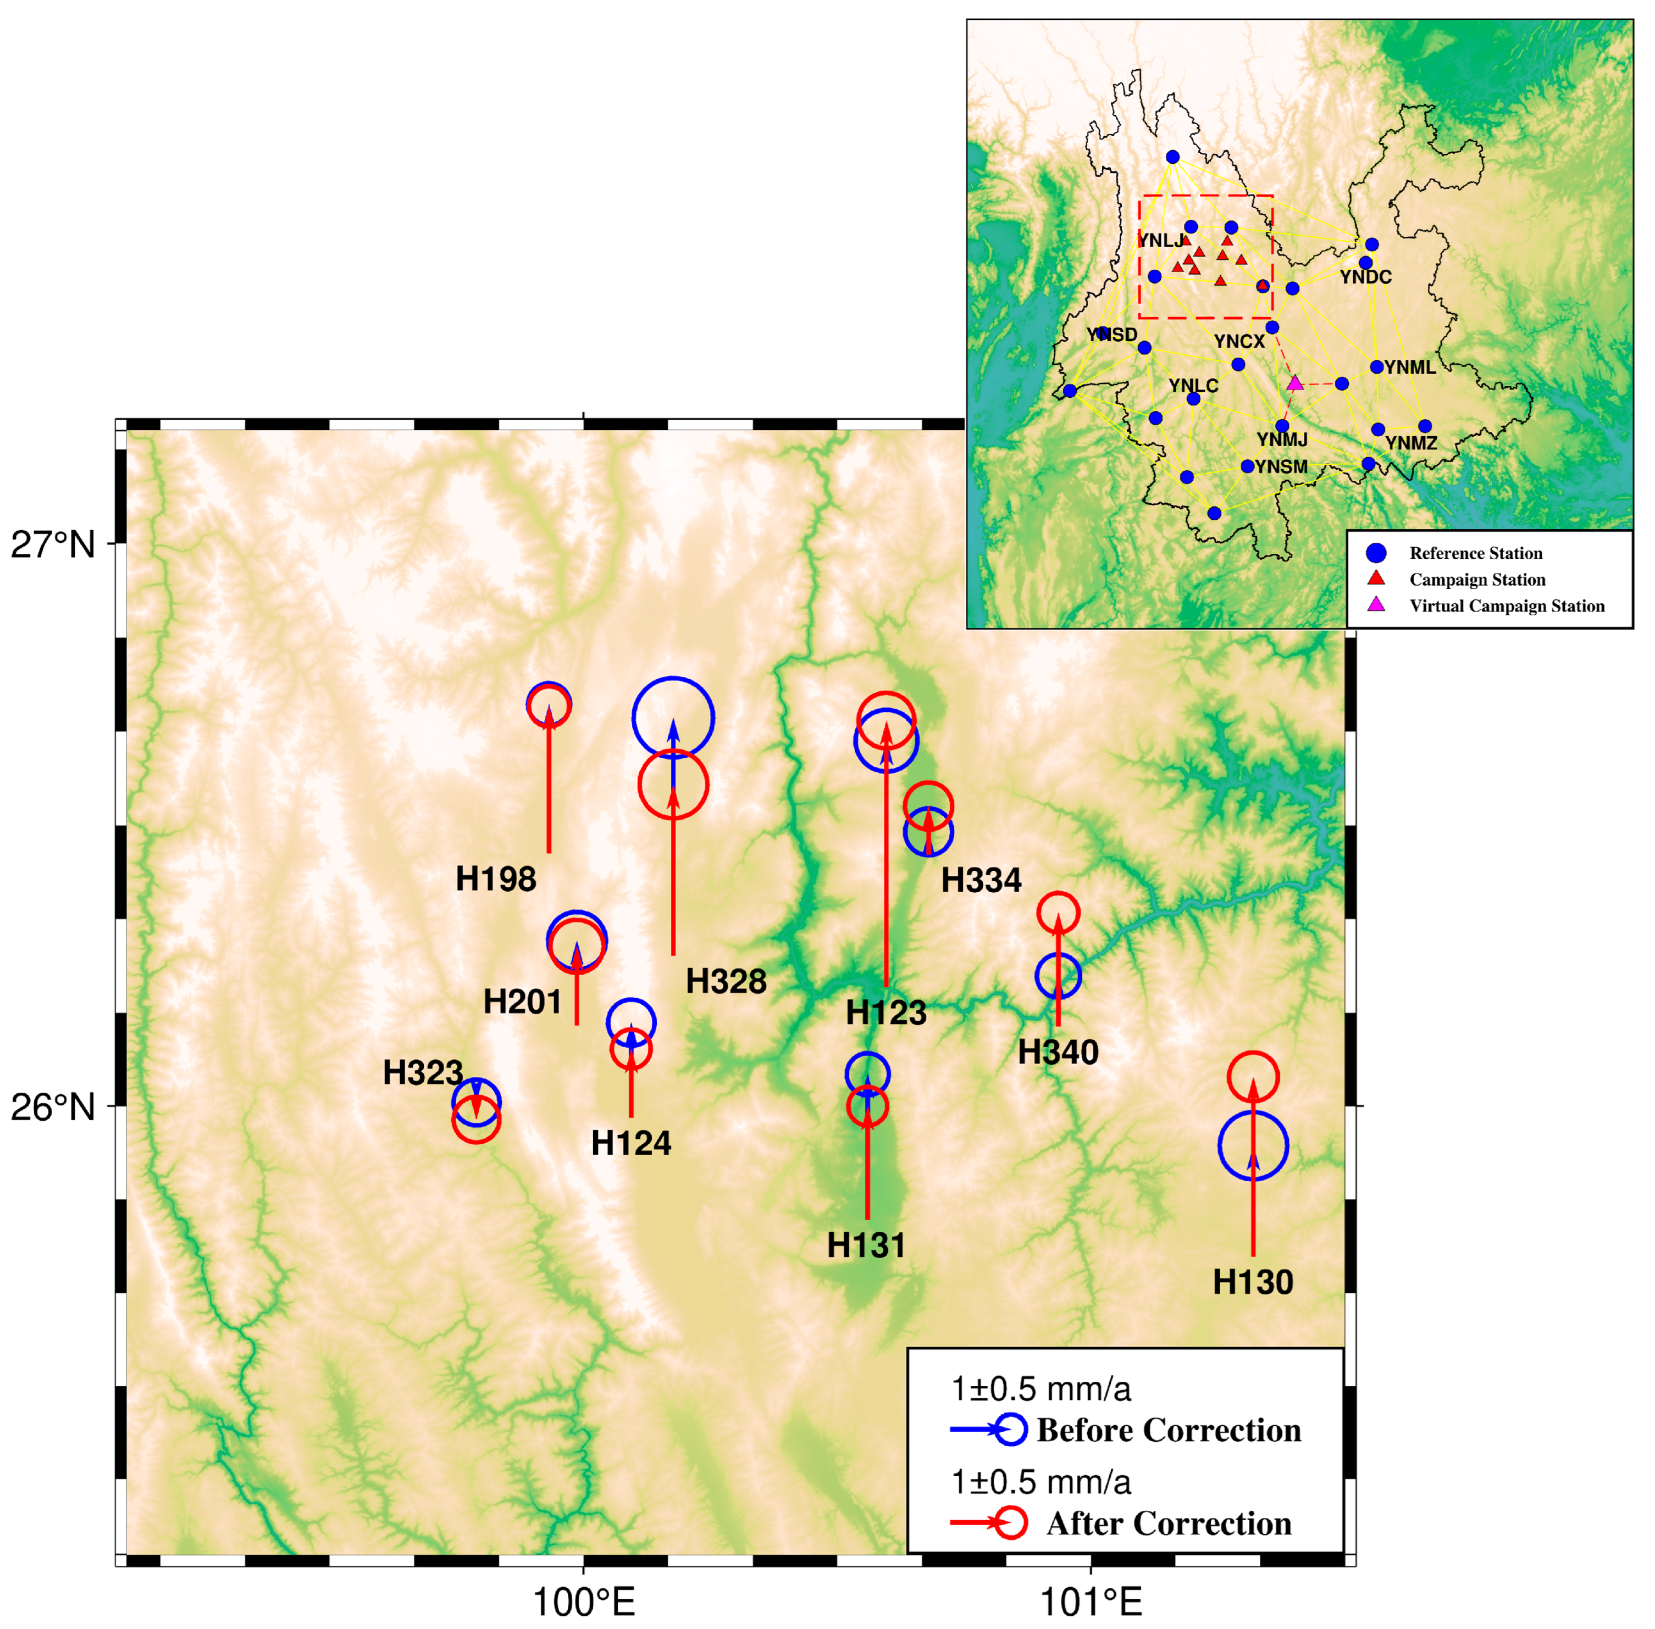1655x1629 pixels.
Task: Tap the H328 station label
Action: pos(726,981)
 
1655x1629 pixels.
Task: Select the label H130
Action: pos(1253,1282)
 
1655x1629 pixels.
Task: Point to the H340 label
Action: pos(1058,1052)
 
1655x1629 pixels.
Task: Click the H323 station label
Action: pos(423,1072)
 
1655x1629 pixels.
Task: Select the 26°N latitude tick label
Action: pos(53,1107)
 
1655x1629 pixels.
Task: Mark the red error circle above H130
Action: pos(1253,1076)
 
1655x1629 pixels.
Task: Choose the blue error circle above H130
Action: pos(1253,1145)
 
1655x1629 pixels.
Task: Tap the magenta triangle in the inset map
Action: pos(1295,383)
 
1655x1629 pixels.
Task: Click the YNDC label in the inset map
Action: pos(1366,277)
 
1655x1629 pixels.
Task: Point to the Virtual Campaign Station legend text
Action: pos(1507,606)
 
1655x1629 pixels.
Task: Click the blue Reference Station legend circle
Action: pos(1376,553)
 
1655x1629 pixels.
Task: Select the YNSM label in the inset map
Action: pos(1281,467)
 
